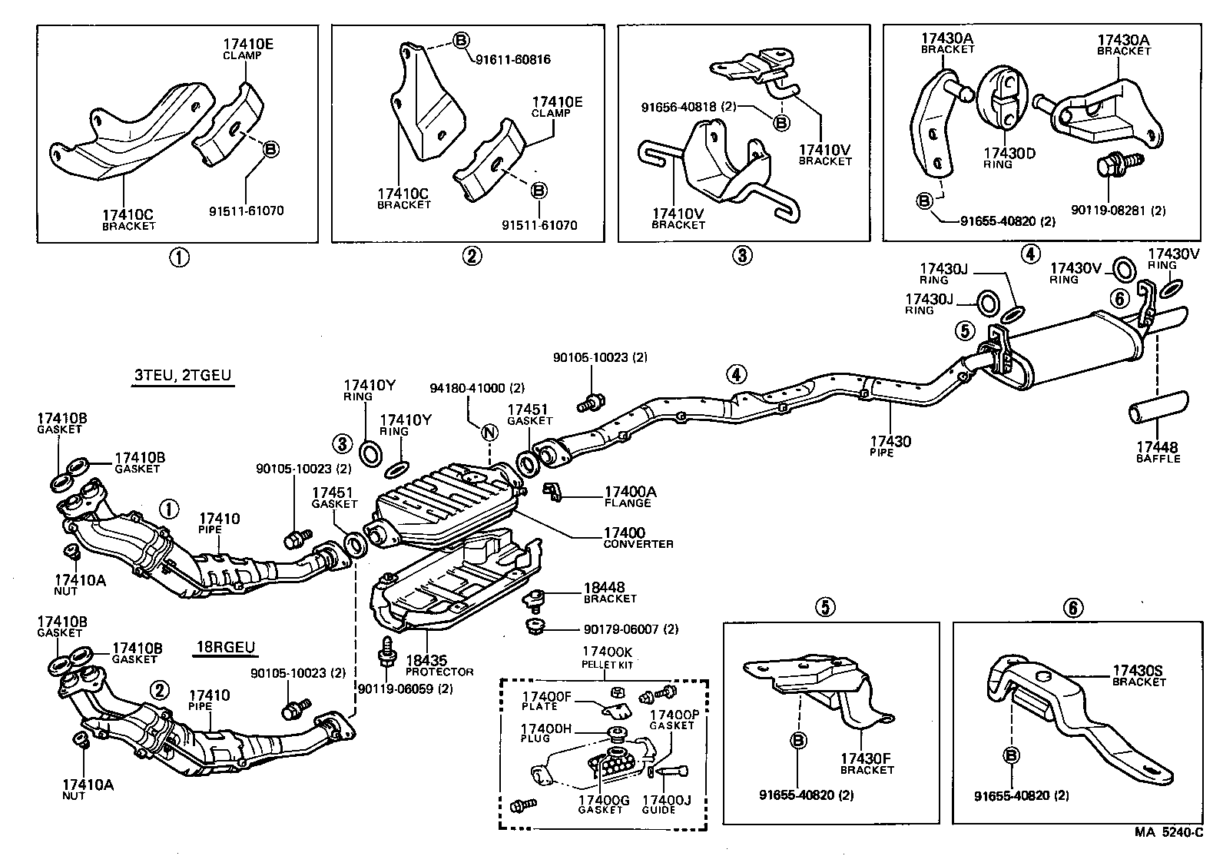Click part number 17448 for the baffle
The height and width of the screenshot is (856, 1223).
click(1157, 447)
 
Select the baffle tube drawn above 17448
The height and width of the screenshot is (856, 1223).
click(1157, 407)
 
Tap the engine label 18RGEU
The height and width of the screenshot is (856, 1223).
click(224, 647)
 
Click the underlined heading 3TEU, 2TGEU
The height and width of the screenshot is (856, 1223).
click(182, 377)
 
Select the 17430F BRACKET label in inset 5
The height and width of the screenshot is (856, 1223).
click(867, 763)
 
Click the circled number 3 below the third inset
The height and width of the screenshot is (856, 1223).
click(741, 255)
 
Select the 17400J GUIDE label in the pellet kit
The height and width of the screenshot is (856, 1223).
click(666, 804)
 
